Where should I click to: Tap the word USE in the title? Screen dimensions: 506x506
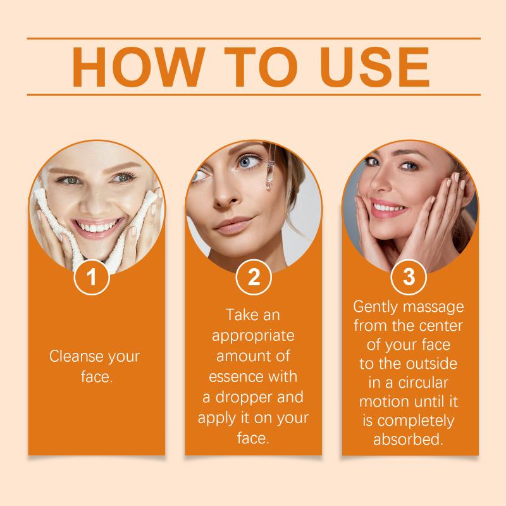pos(374,67)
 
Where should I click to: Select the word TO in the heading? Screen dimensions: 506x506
pos(261,67)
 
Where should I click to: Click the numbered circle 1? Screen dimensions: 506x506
pos(92,277)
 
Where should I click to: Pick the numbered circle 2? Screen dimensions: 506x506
pos(254,277)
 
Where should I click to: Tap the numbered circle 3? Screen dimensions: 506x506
pos(409,277)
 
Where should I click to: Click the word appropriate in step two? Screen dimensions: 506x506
pos(253,336)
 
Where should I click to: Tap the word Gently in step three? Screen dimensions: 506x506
pos(375,307)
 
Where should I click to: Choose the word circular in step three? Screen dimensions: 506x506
pos(423,383)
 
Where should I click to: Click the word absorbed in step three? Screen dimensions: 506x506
pos(408,439)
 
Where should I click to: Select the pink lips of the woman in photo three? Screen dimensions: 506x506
pos(386,207)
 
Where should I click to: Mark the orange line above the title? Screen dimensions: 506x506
pos(254,39)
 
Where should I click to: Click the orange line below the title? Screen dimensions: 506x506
pos(254,95)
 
